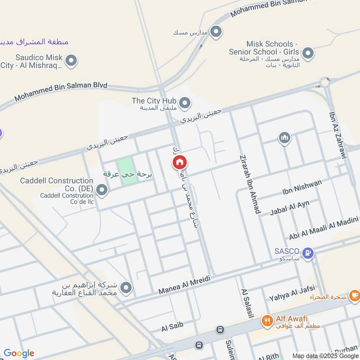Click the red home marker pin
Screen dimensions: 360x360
[x=180, y=162]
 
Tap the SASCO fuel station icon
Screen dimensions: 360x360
[x=308, y=253]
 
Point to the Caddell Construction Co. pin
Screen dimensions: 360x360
[x=103, y=190]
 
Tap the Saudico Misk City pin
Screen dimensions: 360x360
[x=71, y=60]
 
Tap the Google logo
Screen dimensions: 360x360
[x=19, y=353]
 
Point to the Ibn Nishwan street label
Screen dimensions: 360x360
[x=302, y=186]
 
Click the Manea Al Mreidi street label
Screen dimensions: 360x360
[x=184, y=286]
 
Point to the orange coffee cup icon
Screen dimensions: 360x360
[x=355, y=295]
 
